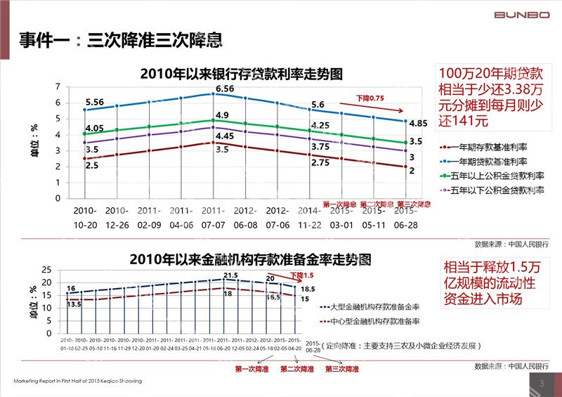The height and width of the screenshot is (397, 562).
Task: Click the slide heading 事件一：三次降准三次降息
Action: (x=122, y=41)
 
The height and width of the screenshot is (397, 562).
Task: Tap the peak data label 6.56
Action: (x=225, y=89)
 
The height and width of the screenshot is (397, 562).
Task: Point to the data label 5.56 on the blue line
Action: (x=94, y=102)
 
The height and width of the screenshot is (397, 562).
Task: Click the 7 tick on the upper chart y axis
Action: (x=57, y=86)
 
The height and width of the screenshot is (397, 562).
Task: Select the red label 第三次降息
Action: (x=414, y=204)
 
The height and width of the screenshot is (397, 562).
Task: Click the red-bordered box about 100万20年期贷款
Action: (x=492, y=97)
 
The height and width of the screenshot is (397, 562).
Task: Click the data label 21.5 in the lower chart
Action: (x=230, y=275)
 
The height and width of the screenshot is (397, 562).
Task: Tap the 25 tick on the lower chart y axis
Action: (x=46, y=270)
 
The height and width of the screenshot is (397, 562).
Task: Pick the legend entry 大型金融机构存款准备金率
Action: (x=376, y=307)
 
